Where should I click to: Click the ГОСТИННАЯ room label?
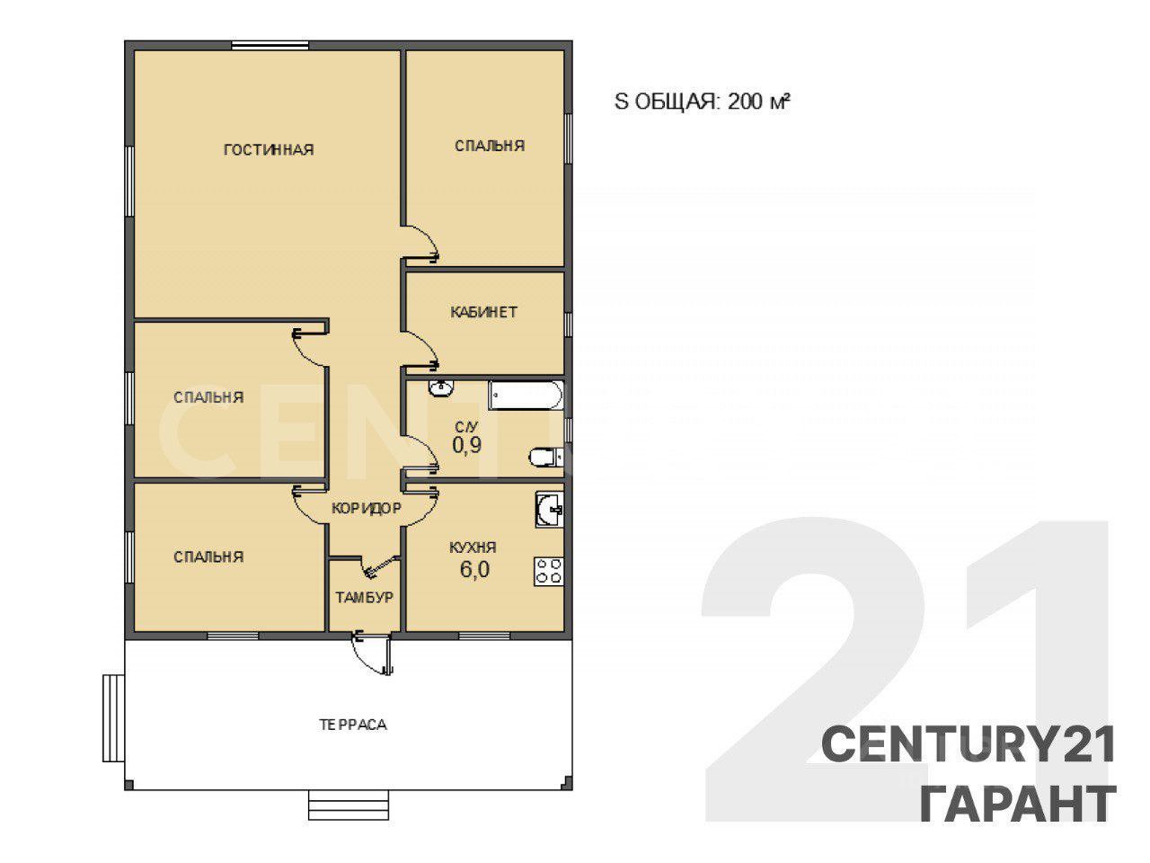click(x=269, y=150)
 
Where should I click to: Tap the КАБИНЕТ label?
click(x=483, y=312)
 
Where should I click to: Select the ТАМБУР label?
click(x=365, y=597)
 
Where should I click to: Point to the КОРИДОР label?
click(x=367, y=508)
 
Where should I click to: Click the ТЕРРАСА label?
click(x=352, y=725)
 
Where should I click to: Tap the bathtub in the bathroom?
click(x=526, y=395)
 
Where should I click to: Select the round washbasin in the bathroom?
click(x=441, y=387)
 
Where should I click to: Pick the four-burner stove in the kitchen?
click(x=549, y=572)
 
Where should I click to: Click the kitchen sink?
click(x=550, y=509)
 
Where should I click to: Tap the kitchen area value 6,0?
click(x=474, y=569)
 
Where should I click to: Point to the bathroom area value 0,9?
click(x=466, y=445)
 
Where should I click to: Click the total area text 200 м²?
click(x=758, y=101)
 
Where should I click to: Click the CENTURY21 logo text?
click(x=968, y=745)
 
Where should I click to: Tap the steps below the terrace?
click(x=349, y=805)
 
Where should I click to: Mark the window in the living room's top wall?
click(x=270, y=46)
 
